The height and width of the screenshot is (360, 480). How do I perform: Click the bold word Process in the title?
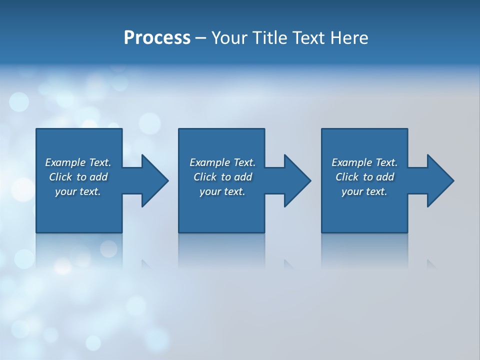point(157,38)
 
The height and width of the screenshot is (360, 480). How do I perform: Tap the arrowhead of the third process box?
point(439,180)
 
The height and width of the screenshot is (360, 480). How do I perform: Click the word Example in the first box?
point(65,162)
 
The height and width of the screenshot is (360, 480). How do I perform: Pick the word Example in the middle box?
point(209,162)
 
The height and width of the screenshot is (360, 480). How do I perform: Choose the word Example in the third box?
point(351,162)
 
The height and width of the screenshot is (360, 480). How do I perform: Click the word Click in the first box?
point(60,177)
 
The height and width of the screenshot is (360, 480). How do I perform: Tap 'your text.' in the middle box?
point(222,191)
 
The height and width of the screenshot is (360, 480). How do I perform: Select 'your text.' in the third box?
point(364,191)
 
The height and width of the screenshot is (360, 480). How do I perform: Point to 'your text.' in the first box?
point(77,191)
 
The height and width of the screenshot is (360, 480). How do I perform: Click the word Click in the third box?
point(347,177)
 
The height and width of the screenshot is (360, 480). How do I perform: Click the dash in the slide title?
point(201,38)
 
